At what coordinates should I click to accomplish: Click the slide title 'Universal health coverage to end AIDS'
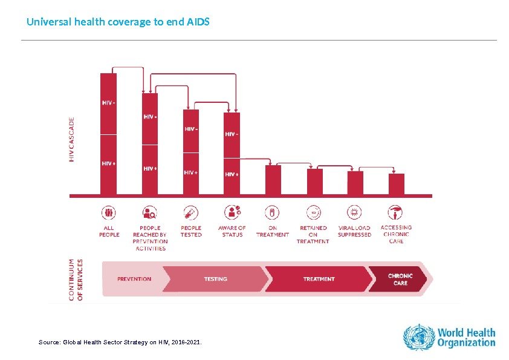click(x=118, y=22)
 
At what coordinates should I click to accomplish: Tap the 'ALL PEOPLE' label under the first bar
click(x=109, y=231)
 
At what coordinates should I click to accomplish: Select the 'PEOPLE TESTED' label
click(x=191, y=231)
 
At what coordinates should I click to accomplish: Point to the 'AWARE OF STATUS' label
click(x=232, y=231)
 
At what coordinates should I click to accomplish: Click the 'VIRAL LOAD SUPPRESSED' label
click(x=354, y=231)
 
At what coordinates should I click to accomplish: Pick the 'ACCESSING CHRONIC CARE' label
click(x=396, y=234)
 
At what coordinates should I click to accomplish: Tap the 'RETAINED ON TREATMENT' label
click(x=313, y=234)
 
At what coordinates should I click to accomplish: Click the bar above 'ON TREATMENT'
click(x=273, y=180)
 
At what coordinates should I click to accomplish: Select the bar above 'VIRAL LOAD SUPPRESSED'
click(x=355, y=183)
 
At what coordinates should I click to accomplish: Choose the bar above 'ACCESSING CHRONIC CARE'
click(x=397, y=184)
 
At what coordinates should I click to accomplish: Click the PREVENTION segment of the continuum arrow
click(x=135, y=279)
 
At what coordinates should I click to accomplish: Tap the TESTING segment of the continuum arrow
click(x=215, y=279)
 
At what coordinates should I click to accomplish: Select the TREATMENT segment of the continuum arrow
click(x=319, y=279)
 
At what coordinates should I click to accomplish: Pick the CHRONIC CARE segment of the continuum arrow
click(x=400, y=280)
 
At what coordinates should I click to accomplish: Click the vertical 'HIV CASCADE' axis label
click(x=73, y=139)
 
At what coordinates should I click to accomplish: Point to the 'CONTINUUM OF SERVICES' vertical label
click(x=76, y=280)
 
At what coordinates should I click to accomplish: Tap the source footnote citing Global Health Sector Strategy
click(x=120, y=342)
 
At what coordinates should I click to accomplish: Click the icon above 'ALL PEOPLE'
click(x=109, y=212)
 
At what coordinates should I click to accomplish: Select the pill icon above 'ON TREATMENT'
click(x=273, y=212)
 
